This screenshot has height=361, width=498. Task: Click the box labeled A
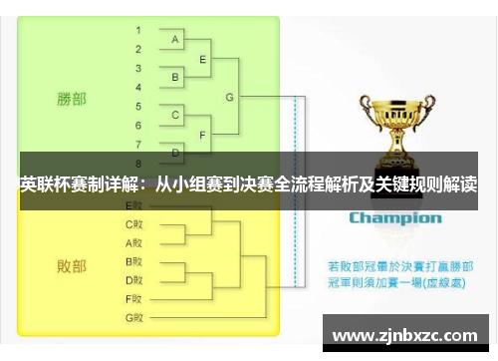click(175, 39)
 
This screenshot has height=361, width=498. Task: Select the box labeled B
click(175, 77)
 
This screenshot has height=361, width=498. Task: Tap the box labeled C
click(175, 115)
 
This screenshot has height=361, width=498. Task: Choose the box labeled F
click(203, 133)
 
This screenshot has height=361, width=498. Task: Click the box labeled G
click(230, 96)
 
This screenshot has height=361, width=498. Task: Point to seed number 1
click(137, 29)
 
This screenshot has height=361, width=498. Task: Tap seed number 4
click(137, 86)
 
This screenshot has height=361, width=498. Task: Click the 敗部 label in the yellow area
click(72, 266)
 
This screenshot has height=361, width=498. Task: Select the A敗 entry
click(134, 242)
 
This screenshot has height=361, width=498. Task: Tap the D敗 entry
click(134, 279)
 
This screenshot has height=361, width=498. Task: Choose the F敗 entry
click(134, 298)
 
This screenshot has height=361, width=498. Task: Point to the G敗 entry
click(134, 317)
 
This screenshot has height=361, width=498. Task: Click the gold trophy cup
click(393, 130)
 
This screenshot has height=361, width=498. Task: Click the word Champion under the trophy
click(394, 217)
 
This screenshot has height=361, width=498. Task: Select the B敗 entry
click(134, 261)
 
